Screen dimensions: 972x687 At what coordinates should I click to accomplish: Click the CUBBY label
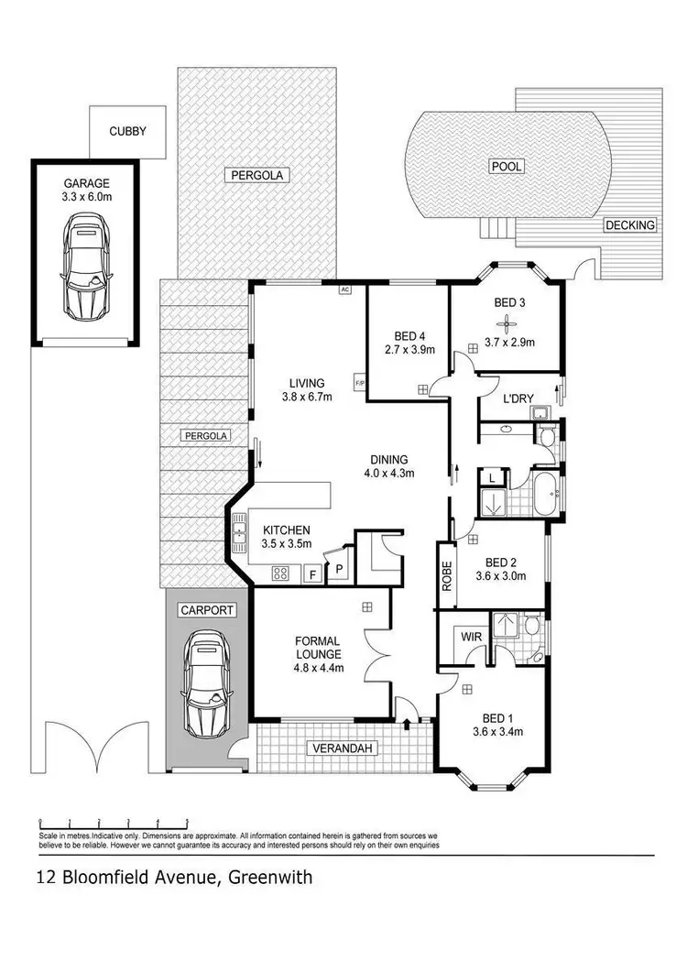coord(127,131)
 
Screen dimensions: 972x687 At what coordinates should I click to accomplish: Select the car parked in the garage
coord(87,265)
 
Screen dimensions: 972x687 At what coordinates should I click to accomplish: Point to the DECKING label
coord(629,225)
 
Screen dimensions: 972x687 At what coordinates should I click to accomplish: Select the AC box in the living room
coord(345,289)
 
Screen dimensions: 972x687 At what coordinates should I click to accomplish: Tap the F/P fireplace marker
coord(360,381)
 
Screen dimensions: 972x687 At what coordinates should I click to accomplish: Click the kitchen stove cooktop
coord(281,574)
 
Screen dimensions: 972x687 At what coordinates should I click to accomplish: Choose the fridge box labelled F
coord(312,574)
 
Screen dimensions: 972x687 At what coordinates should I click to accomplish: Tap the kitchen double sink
coord(241,530)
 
